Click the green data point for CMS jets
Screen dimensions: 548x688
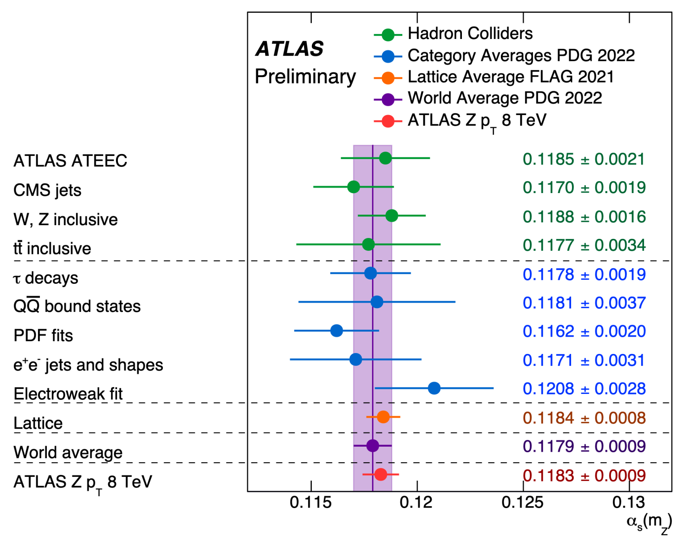click(x=353, y=187)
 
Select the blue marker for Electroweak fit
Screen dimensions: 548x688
click(x=434, y=388)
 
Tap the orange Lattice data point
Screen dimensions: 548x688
click(x=383, y=417)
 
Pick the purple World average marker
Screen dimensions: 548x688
click(x=372, y=446)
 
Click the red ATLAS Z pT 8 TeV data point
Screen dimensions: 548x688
click(x=380, y=475)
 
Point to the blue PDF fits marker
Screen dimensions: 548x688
click(x=336, y=331)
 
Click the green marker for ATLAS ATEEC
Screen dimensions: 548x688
click(x=385, y=158)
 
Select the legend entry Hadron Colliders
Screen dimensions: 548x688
click(x=470, y=33)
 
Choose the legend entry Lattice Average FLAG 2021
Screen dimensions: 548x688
click(x=510, y=77)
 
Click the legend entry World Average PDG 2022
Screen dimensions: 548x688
click(x=505, y=98)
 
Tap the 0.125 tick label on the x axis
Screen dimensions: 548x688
click(x=522, y=503)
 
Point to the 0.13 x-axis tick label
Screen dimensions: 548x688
click(x=628, y=503)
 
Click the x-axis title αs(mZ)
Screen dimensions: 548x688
click(x=649, y=523)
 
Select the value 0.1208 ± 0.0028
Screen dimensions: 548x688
click(x=584, y=389)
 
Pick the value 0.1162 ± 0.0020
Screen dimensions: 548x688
click(x=584, y=331)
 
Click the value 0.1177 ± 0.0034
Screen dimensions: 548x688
click(x=584, y=245)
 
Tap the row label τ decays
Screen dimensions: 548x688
click(x=46, y=278)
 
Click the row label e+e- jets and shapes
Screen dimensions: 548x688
click(x=88, y=365)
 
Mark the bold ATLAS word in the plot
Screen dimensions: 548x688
click(x=289, y=49)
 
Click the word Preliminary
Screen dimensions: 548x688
click(x=305, y=77)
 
